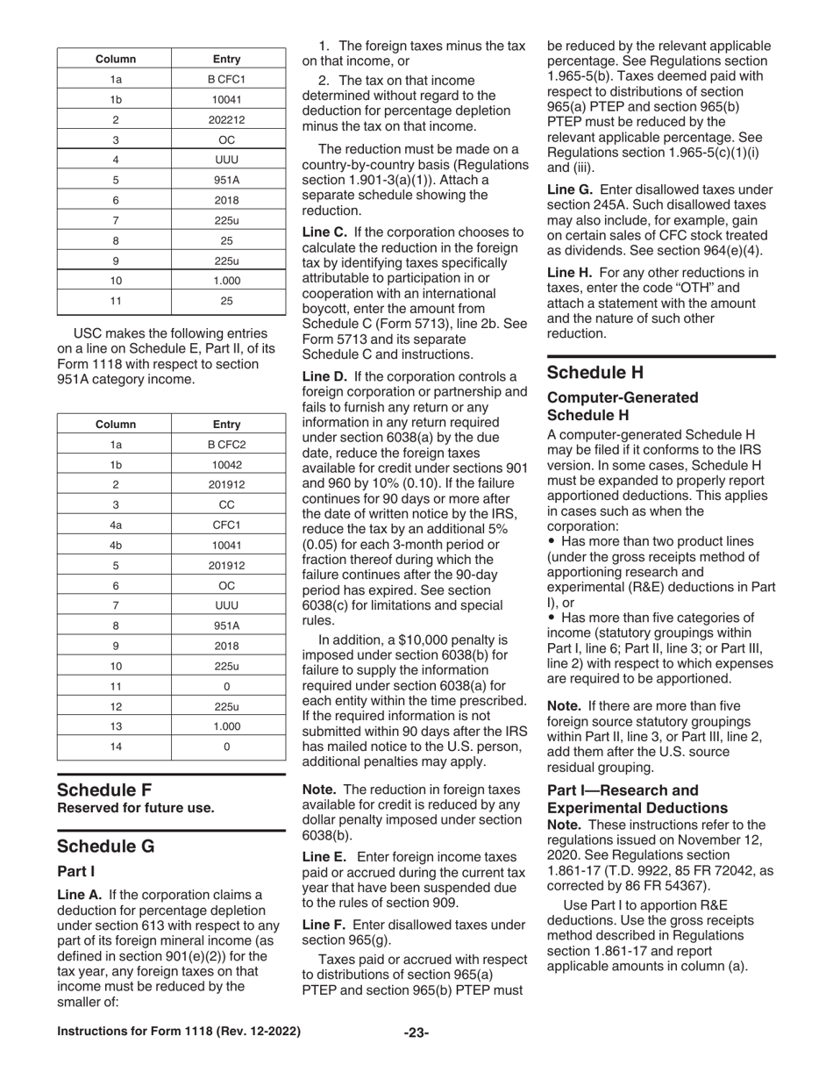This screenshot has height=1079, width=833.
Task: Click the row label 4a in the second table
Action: (x=116, y=525)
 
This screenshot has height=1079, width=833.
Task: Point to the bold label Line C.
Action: (x=325, y=232)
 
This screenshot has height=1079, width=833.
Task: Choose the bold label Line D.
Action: (x=325, y=377)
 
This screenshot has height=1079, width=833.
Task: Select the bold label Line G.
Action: (x=572, y=189)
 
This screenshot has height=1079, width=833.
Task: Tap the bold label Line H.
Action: (x=571, y=272)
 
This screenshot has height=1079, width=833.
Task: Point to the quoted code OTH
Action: (x=679, y=288)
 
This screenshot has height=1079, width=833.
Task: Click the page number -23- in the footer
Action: (x=416, y=1033)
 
